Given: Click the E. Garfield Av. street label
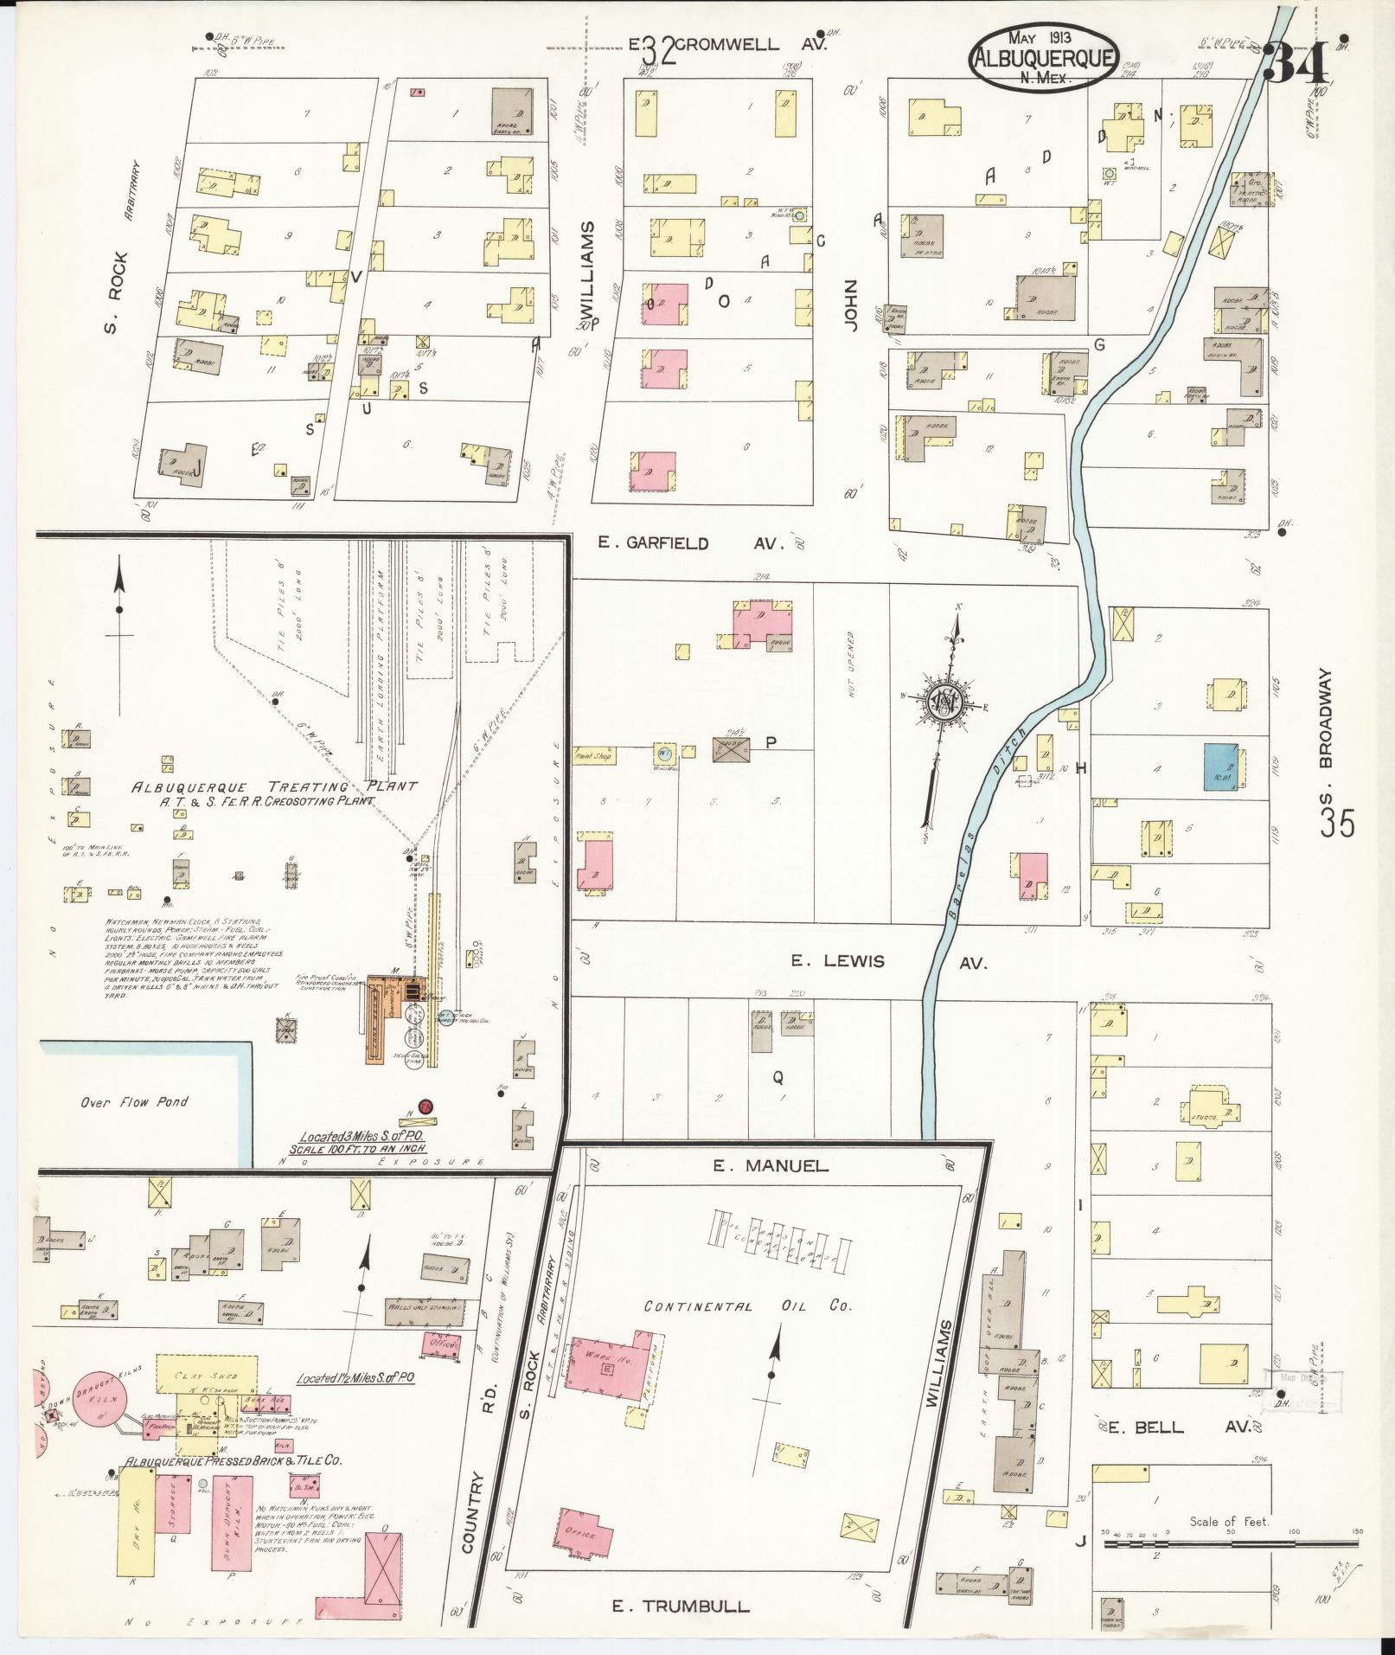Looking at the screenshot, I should click(x=690, y=543).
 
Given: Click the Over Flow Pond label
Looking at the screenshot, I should click(x=134, y=1102).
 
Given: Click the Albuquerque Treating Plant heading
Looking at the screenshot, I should click(x=273, y=786).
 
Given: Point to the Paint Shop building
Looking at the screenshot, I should click(x=592, y=756).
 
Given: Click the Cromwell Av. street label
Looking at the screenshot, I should click(x=751, y=43).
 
